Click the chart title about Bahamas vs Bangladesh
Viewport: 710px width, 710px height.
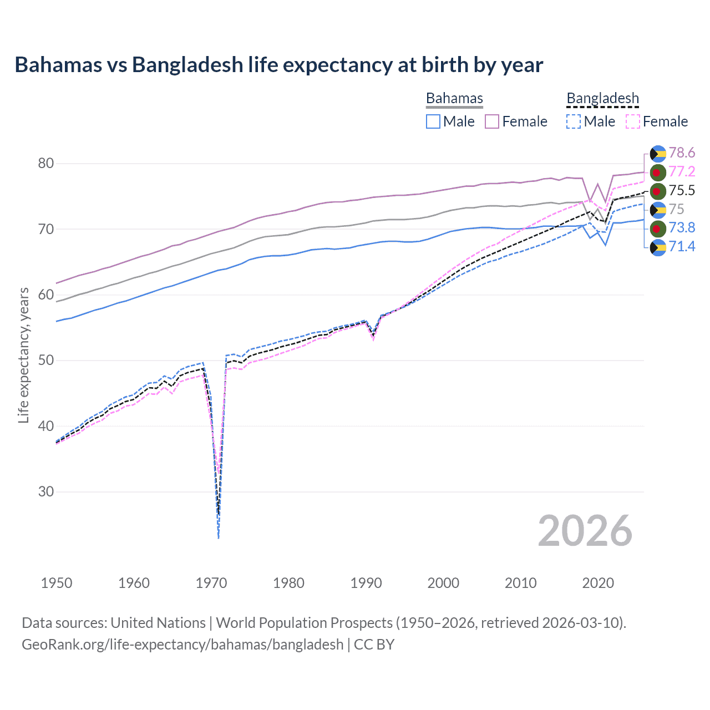point(278,65)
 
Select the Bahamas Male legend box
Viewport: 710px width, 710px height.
point(433,121)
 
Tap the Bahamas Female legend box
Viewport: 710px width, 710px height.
point(492,121)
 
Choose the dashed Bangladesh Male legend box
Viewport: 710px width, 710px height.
point(574,121)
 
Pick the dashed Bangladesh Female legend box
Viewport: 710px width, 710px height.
point(633,121)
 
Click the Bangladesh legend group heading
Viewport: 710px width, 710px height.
point(602,99)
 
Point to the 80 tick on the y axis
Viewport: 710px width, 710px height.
point(46,163)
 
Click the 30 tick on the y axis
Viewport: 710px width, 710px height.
point(46,491)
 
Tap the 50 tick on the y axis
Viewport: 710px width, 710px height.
point(46,360)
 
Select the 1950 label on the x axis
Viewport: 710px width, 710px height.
point(57,583)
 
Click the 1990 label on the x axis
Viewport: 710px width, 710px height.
point(366,583)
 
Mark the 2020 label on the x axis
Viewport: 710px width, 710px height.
point(598,583)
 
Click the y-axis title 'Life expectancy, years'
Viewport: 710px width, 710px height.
point(23,355)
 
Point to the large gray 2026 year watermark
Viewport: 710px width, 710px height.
point(585,531)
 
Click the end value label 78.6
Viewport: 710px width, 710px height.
point(682,153)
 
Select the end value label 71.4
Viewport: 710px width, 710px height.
point(682,246)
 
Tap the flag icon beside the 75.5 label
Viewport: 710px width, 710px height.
point(658,191)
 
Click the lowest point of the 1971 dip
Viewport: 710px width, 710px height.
point(219,537)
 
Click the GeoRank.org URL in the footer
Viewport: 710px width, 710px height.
point(182,645)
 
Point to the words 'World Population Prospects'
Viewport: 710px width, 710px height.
point(304,623)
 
